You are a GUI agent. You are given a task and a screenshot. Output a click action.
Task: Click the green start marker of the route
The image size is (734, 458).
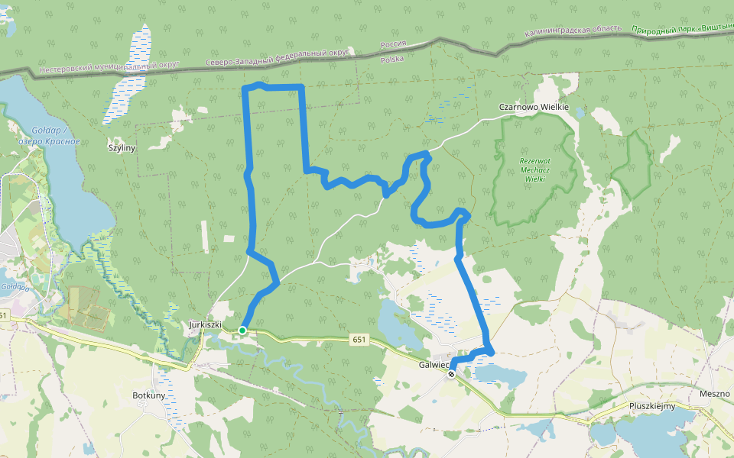(242, 330)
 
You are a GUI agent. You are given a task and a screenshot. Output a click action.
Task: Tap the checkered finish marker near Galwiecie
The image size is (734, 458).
(452, 373)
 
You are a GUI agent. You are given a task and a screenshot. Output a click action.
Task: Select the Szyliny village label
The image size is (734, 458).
(122, 148)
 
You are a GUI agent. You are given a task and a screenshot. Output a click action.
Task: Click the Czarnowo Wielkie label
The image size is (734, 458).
(534, 108)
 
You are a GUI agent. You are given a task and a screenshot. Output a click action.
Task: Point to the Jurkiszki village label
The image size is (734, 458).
(205, 324)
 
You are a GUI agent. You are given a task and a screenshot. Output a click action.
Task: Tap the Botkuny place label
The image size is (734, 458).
(149, 395)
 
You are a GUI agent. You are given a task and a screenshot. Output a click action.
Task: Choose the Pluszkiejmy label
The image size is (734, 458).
(652, 406)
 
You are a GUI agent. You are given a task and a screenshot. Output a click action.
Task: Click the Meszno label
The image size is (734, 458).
(715, 394)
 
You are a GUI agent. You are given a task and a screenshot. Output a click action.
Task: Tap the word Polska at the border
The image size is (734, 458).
(391, 59)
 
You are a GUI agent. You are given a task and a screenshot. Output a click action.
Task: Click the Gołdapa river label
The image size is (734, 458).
(15, 288)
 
